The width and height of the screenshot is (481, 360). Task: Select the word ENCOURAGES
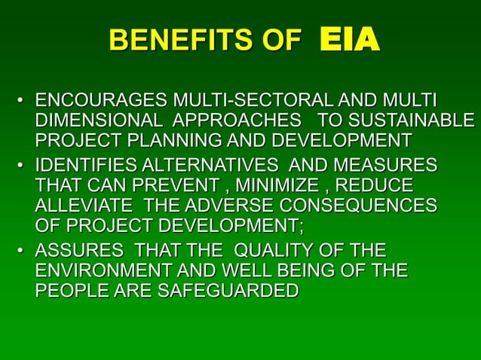pyautogui.click(x=102, y=100)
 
